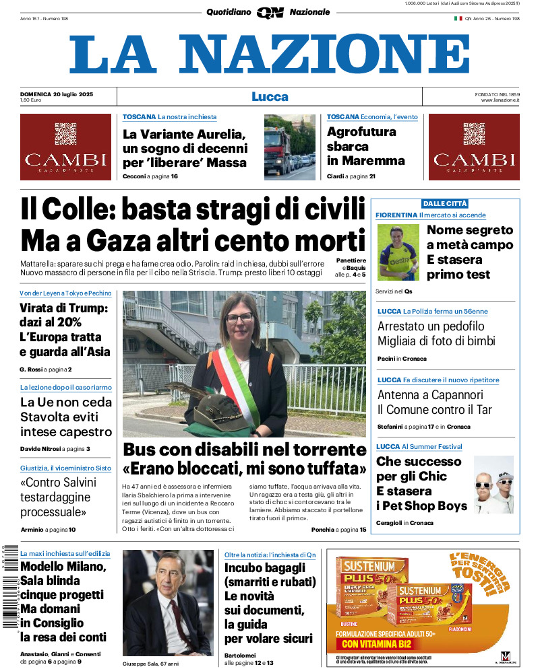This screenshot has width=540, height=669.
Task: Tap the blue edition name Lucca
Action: tap(270, 96)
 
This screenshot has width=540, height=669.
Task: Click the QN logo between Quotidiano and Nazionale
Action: tap(270, 12)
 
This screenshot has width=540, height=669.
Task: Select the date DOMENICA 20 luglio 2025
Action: tap(57, 94)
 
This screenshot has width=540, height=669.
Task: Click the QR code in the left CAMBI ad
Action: tap(65, 133)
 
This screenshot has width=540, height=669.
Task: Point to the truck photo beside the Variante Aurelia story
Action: tap(289, 147)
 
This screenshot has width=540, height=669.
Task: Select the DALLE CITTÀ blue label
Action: tap(444, 203)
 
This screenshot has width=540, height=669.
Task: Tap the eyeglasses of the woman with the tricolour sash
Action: tap(241, 318)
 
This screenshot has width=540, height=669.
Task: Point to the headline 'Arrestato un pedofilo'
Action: tap(431, 326)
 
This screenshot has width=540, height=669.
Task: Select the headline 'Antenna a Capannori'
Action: tap(430, 395)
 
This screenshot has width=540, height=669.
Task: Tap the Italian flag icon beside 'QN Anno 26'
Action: tap(458, 19)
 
